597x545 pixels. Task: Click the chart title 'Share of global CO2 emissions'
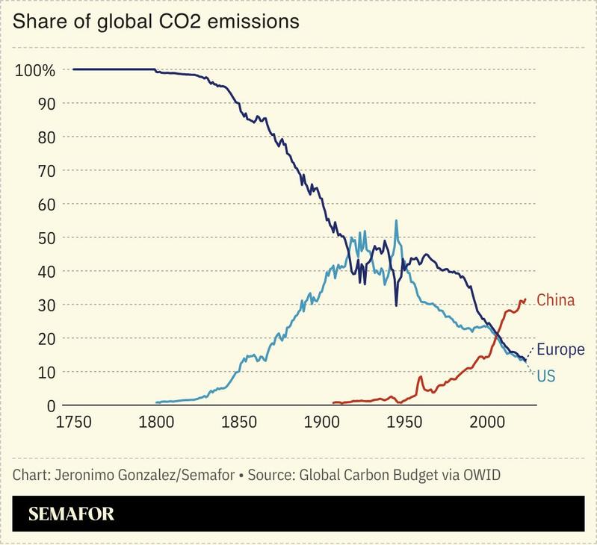156,22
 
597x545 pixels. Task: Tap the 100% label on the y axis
35,70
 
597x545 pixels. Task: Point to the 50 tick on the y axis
46,237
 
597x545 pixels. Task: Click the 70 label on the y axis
46,170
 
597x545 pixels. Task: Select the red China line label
555,301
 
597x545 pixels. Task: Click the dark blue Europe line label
561,349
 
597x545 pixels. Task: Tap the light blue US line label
546,376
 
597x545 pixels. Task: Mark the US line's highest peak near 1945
396,220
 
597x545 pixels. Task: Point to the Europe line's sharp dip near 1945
396,305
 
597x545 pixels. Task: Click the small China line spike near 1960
421,377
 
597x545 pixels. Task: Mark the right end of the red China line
525,299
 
